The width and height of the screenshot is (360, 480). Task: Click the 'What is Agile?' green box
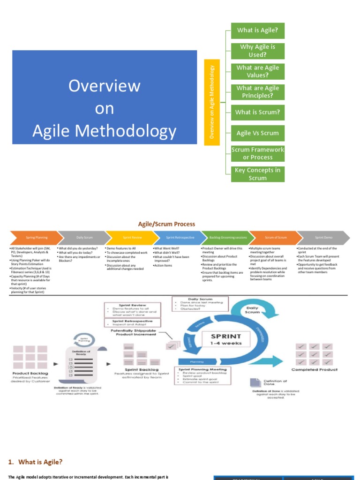click(x=257, y=30)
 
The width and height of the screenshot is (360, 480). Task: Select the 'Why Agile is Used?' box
click(x=257, y=51)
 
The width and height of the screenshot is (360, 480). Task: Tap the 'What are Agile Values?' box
click(x=257, y=71)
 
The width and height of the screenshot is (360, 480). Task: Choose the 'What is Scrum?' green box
click(x=257, y=112)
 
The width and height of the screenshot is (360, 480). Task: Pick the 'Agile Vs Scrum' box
click(x=257, y=133)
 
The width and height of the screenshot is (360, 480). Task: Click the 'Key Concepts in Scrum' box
click(x=257, y=174)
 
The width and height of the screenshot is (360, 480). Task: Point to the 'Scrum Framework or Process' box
click(x=257, y=153)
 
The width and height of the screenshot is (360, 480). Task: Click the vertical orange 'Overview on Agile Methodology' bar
click(x=212, y=102)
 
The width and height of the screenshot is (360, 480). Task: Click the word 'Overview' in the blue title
click(x=105, y=86)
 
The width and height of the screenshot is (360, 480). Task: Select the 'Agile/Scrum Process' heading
click(x=166, y=224)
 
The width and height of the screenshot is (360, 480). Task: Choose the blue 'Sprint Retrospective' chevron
click(x=178, y=238)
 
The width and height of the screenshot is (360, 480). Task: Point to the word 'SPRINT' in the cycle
click(x=226, y=336)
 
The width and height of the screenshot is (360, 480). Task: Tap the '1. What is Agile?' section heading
click(x=35, y=462)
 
